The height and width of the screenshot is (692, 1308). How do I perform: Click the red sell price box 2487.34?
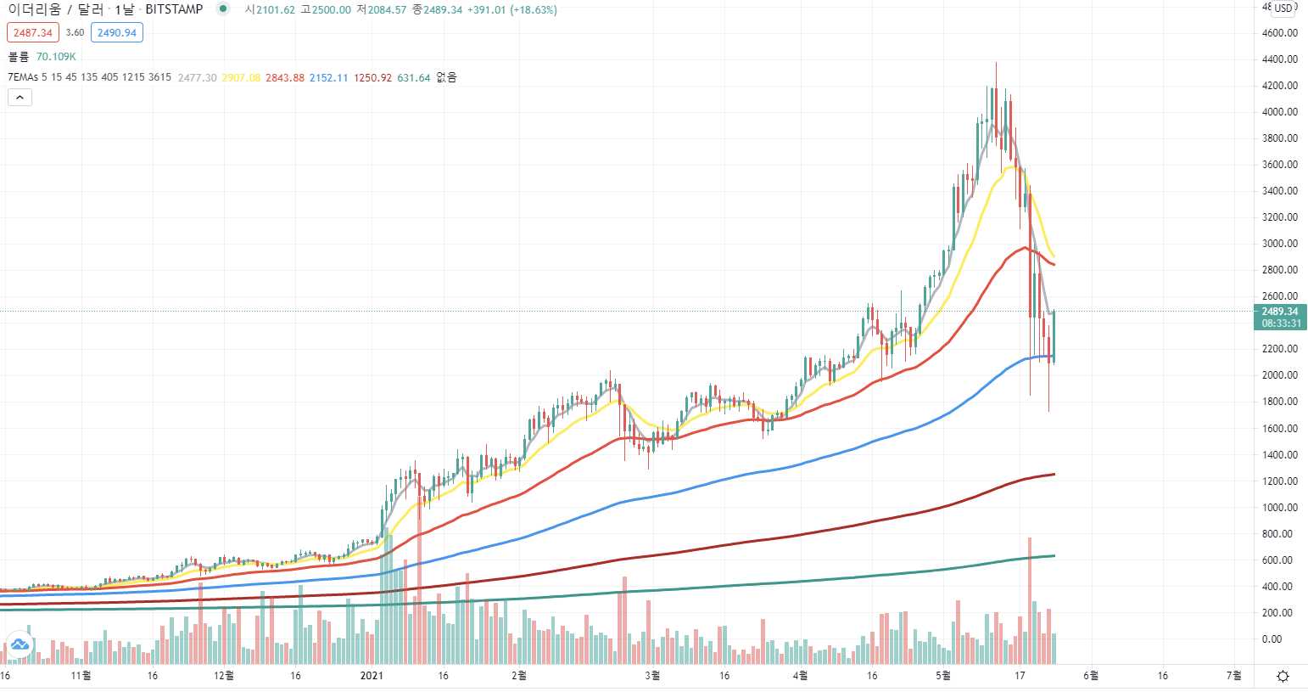tap(33, 33)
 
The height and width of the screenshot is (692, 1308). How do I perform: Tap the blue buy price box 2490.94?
tap(117, 33)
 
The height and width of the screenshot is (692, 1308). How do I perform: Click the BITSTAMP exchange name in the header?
tap(174, 9)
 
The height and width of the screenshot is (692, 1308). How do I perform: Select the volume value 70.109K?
tap(56, 57)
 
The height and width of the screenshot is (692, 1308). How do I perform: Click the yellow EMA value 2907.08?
tap(241, 78)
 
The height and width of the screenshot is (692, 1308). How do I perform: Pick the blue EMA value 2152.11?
tap(329, 78)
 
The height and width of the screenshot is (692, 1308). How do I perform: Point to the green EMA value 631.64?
tap(413, 78)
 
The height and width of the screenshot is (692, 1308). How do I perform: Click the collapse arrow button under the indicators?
tap(20, 98)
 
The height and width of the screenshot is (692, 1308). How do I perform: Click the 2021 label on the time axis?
tap(372, 676)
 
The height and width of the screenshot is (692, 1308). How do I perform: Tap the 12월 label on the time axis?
tap(224, 676)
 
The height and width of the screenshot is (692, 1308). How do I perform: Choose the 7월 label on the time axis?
tap(1234, 676)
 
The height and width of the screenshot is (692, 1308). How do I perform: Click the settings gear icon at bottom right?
tap(1283, 676)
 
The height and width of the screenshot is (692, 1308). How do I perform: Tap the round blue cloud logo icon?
tap(20, 644)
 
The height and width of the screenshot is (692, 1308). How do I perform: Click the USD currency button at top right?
tap(1283, 8)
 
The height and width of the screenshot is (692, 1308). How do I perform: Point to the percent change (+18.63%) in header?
tap(534, 10)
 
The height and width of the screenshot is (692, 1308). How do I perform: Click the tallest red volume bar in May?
tap(1030, 601)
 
